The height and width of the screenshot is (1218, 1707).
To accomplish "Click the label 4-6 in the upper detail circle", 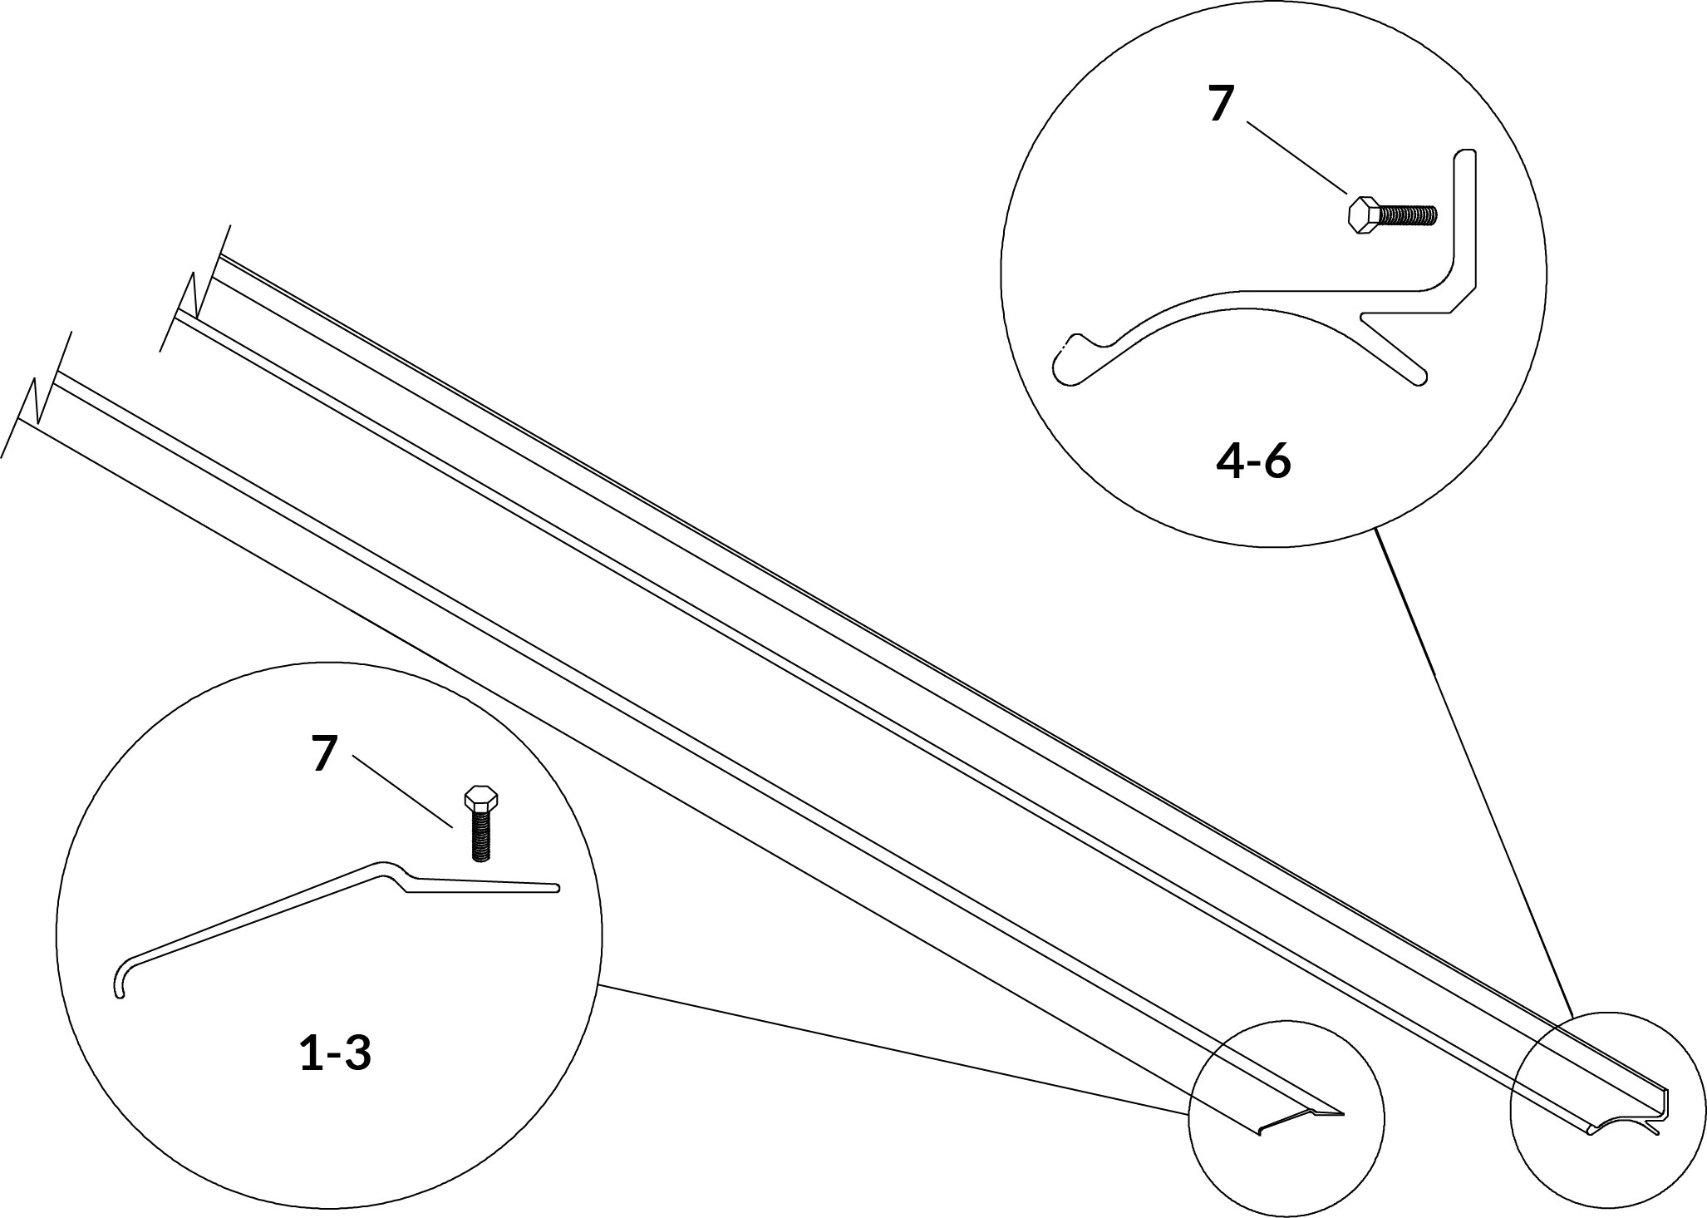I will click(1253, 463).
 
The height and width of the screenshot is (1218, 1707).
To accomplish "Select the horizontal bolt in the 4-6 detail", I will click(1391, 215).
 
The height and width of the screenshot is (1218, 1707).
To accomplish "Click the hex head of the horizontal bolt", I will click(1362, 216).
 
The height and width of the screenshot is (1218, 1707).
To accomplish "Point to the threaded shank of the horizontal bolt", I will click(1408, 215).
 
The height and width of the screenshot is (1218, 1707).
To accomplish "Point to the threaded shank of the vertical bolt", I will click(481, 836).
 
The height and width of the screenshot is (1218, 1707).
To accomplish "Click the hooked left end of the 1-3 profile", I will click(120, 978).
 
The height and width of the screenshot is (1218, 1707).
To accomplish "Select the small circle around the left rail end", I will click(1286, 1119).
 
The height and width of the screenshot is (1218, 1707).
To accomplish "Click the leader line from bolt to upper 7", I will click(1296, 158).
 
